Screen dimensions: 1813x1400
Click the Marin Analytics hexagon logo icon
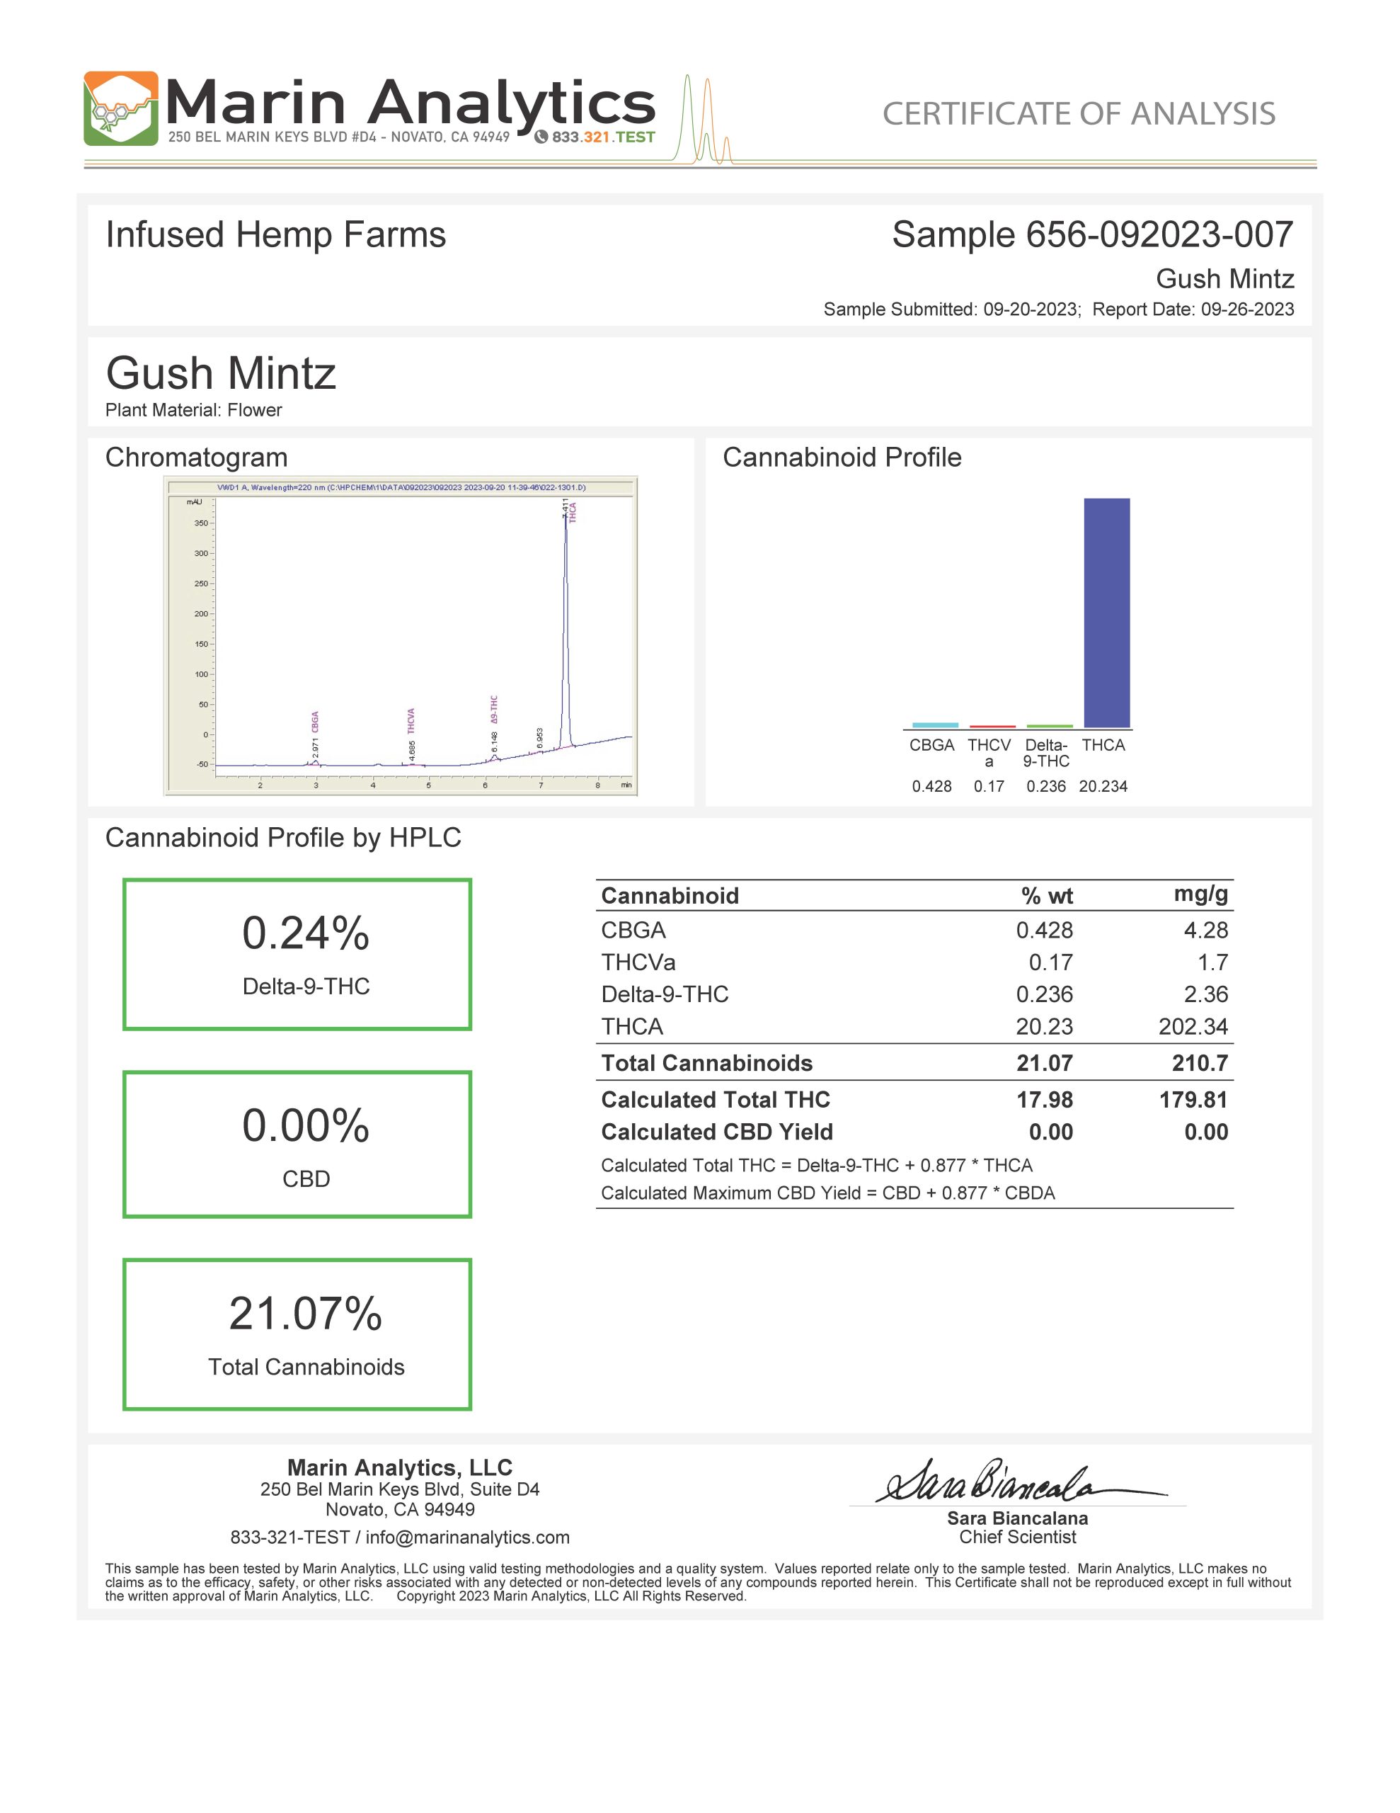120,109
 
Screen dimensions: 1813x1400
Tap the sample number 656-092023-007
1159,235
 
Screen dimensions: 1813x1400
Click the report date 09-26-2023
1246,309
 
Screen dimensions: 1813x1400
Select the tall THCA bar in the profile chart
1106,613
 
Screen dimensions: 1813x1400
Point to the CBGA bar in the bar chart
934,724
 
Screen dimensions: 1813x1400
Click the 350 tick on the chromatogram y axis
202,523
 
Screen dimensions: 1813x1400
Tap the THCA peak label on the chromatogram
573,512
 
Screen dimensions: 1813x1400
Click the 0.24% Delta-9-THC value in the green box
305,933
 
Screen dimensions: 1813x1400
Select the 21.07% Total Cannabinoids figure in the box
305,1314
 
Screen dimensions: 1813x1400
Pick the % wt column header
1047,896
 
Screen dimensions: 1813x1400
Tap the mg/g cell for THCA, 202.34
1193,1027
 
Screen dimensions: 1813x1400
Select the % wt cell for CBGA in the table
1044,931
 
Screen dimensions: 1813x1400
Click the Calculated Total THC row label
716,1100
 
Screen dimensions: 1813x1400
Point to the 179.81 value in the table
1193,1100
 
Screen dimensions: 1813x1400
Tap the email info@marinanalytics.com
467,1538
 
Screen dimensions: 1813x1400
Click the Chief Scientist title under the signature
1017,1538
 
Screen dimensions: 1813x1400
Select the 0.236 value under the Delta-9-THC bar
1045,786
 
